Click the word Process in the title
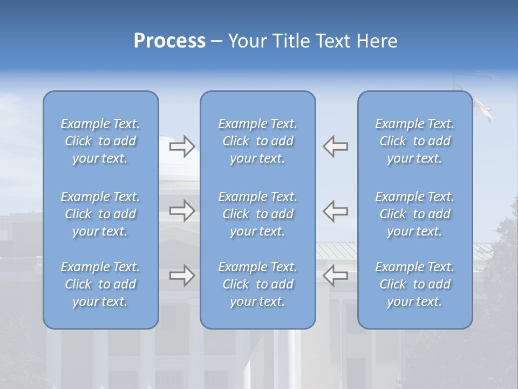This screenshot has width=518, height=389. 169,41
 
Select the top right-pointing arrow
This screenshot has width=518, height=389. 182,146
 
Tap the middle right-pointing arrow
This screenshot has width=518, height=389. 182,211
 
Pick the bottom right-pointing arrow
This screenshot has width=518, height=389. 182,276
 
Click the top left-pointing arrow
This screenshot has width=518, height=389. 336,146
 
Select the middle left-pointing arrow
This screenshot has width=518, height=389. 336,211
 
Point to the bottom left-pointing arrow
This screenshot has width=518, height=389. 336,276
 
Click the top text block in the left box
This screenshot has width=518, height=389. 100,141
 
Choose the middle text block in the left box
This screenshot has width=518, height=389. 100,214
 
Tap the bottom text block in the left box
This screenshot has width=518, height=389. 100,284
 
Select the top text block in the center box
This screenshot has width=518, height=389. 257,141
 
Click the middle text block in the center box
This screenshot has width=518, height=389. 257,214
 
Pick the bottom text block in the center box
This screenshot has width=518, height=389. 257,284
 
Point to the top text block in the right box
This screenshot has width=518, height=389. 415,141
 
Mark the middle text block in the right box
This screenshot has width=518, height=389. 415,214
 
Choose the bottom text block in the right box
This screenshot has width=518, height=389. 415,284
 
